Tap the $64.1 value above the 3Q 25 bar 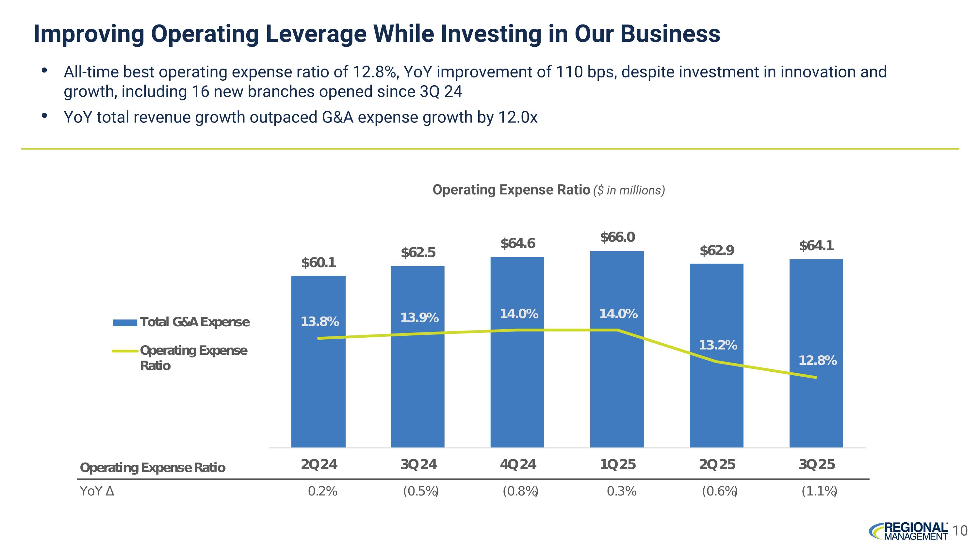point(816,246)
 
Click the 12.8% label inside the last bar point(817,361)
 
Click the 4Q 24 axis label point(517,465)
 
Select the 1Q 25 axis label point(617,465)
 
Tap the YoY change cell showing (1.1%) point(819,492)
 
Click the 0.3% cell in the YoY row point(621,492)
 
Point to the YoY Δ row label point(97,492)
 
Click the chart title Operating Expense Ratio point(511,190)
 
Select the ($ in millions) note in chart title point(629,190)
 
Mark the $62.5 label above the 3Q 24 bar point(418,252)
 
